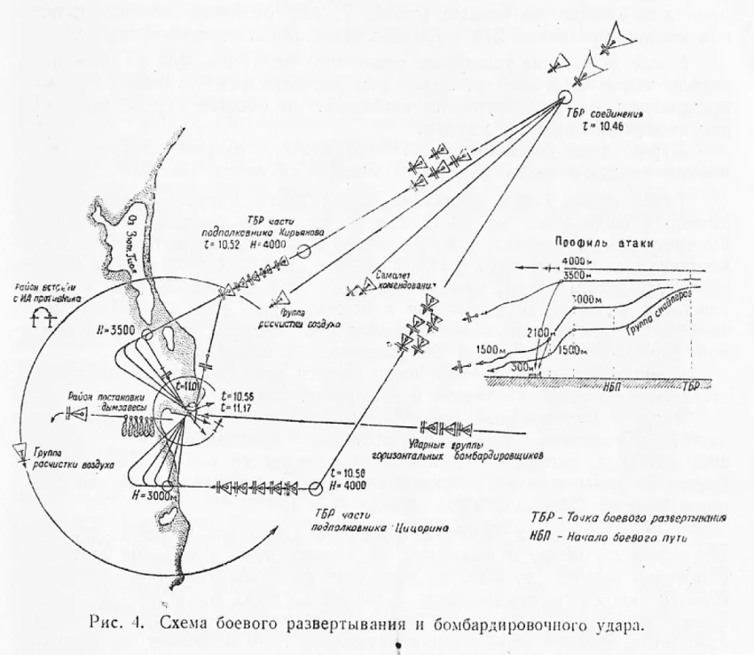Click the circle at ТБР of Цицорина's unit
[x=316, y=487]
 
